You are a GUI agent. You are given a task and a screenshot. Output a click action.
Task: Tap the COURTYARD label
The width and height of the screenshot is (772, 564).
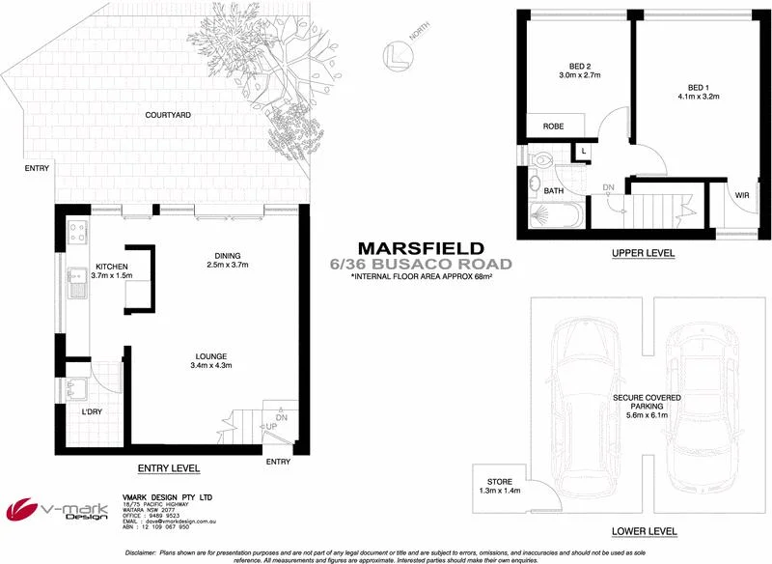pyautogui.click(x=167, y=115)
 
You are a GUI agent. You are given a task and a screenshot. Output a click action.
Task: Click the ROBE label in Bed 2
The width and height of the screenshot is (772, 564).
pyautogui.click(x=553, y=127)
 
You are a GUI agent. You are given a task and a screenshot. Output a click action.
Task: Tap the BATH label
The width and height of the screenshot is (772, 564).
pyautogui.click(x=553, y=191)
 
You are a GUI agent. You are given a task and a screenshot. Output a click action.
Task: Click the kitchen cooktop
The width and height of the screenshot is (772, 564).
pyautogui.click(x=77, y=232)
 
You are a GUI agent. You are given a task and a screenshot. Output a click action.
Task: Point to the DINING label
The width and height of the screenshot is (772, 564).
pyautogui.click(x=228, y=256)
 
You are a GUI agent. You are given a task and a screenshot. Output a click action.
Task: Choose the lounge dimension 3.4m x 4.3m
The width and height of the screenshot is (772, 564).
pyautogui.click(x=212, y=365)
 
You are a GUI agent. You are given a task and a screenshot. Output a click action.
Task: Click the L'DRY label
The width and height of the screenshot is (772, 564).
pyautogui.click(x=92, y=412)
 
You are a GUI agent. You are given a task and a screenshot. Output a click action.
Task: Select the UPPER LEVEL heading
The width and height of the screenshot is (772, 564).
pyautogui.click(x=643, y=254)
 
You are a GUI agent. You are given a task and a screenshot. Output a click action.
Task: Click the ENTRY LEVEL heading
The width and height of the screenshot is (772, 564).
pyautogui.click(x=169, y=468)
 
